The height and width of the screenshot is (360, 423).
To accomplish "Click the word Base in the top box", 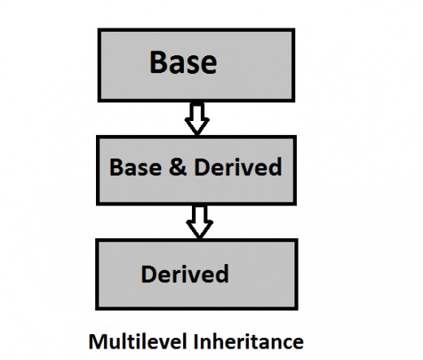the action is click(x=183, y=63).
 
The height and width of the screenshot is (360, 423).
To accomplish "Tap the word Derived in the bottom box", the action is click(x=185, y=274).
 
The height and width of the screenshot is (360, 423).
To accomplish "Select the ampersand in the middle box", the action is click(x=177, y=167).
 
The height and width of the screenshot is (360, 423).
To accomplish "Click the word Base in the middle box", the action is click(x=136, y=167).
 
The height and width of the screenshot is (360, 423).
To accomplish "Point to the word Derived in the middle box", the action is click(x=238, y=167).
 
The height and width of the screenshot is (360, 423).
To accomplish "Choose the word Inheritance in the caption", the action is click(x=249, y=341).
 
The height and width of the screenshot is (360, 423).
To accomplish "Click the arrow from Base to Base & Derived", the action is click(x=197, y=119).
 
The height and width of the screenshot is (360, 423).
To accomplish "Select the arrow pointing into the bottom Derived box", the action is click(x=199, y=222).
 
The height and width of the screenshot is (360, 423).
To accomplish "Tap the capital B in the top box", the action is click(x=158, y=63).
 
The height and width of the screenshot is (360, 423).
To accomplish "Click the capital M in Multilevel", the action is click(x=97, y=342).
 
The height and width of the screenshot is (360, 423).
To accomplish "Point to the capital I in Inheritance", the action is click(x=195, y=342).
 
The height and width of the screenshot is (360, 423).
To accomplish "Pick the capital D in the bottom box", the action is click(x=149, y=274).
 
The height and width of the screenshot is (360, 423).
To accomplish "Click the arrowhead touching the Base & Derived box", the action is click(x=197, y=127).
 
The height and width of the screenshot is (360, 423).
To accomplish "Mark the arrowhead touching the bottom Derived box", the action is click(x=199, y=230).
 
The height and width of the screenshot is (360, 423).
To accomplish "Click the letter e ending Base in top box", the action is click(x=210, y=65).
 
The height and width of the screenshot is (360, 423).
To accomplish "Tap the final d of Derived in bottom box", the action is click(x=222, y=274).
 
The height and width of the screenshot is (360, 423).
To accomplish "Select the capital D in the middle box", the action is click(x=202, y=167).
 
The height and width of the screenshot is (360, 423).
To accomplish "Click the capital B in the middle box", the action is click(x=116, y=167).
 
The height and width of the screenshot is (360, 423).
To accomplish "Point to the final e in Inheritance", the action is click(x=298, y=344).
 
